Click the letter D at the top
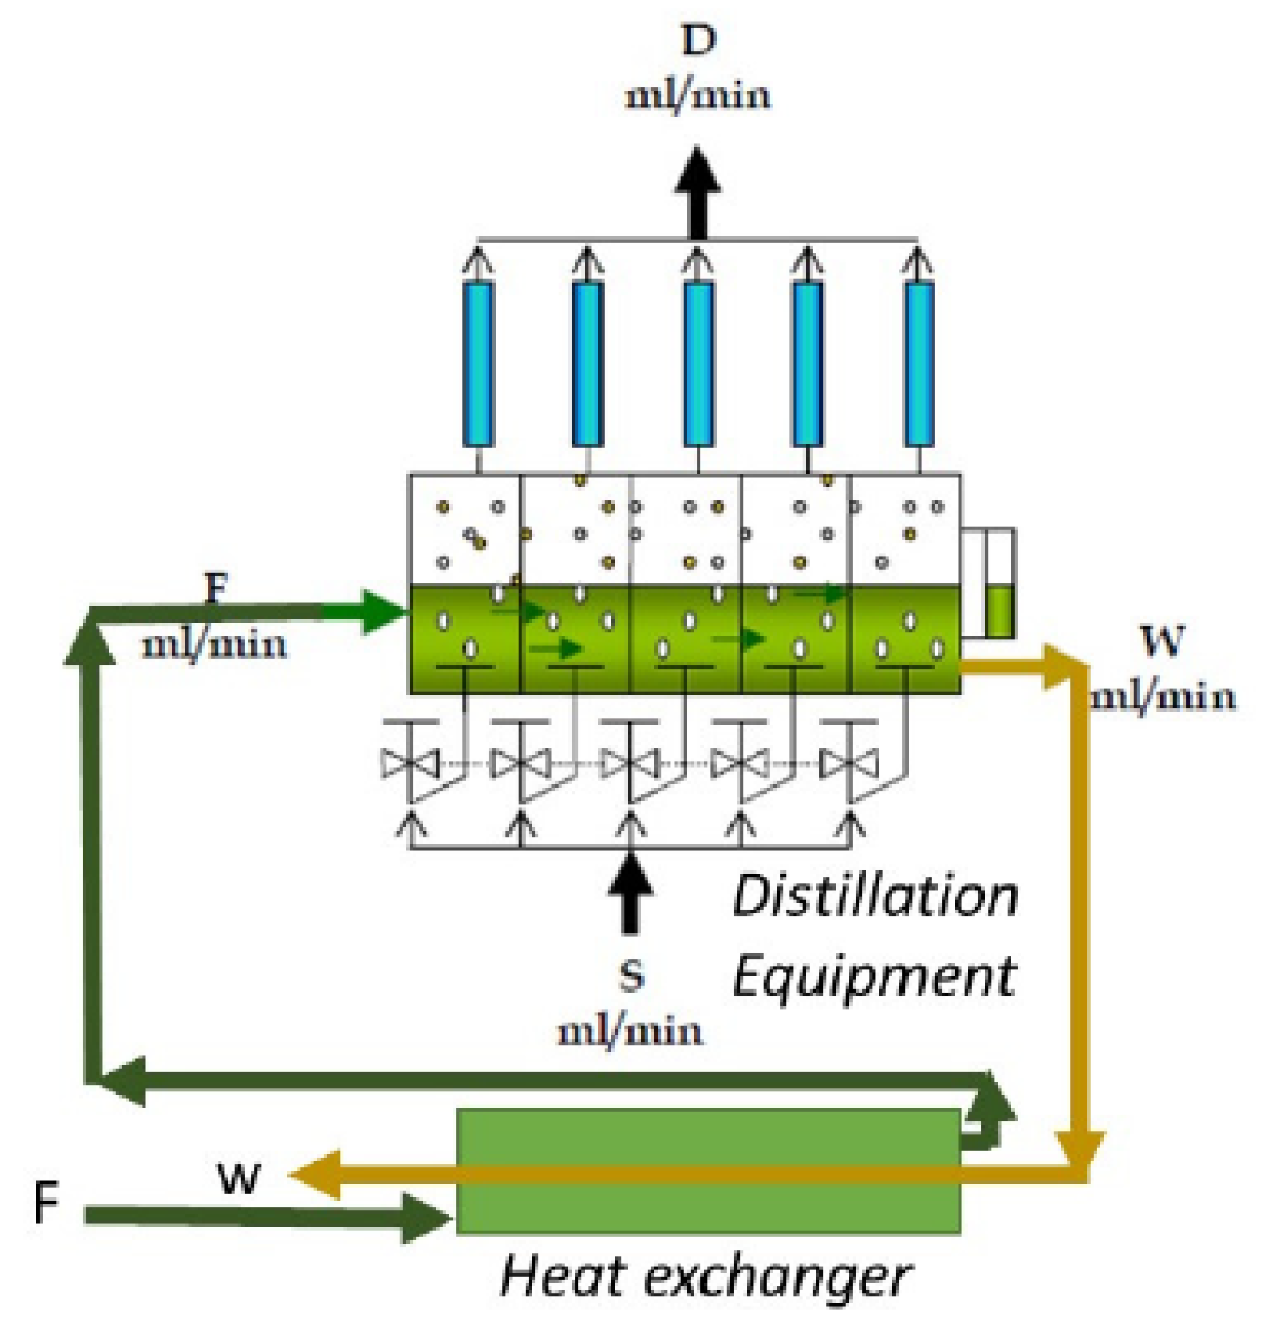[699, 40]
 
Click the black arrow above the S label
[631, 891]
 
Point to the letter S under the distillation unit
[631, 976]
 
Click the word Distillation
[875, 897]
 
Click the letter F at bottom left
[46, 1202]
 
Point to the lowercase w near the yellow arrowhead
[240, 1178]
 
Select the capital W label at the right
[1163, 641]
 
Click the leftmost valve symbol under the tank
[410, 763]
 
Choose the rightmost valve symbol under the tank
[849, 763]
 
